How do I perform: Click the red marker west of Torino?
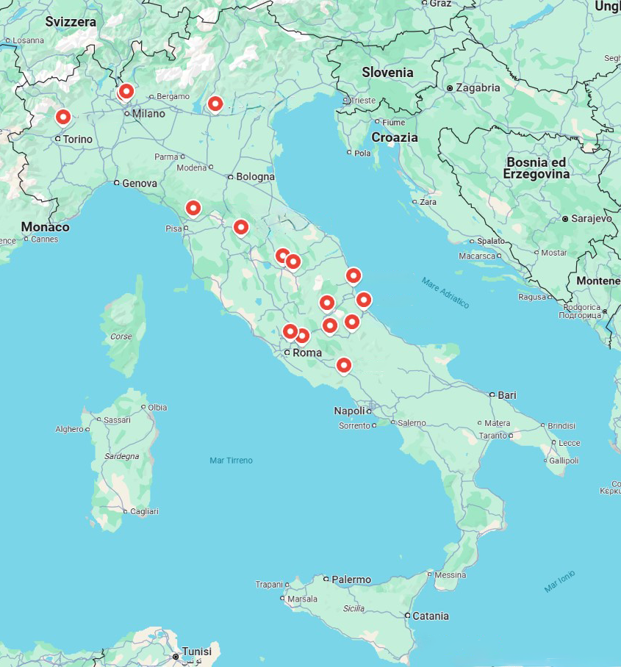(63, 116)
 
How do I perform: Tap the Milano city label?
(148, 114)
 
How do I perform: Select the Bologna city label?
(255, 177)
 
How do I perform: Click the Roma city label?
(307, 353)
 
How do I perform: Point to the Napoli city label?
(350, 411)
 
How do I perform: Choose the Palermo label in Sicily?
(351, 580)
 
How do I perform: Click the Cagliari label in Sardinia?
(144, 511)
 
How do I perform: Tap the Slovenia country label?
(387, 73)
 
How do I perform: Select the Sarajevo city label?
(591, 219)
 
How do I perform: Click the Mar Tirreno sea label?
(231, 461)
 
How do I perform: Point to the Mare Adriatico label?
(445, 292)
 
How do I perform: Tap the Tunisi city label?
(196, 652)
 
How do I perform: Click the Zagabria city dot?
(449, 88)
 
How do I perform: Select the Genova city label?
(140, 183)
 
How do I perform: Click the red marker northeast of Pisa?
(193, 208)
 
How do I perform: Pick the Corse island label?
(121, 336)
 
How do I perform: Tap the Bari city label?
(507, 395)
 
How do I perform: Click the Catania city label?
(431, 616)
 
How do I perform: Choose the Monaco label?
(46, 227)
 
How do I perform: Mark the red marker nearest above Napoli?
(344, 364)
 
